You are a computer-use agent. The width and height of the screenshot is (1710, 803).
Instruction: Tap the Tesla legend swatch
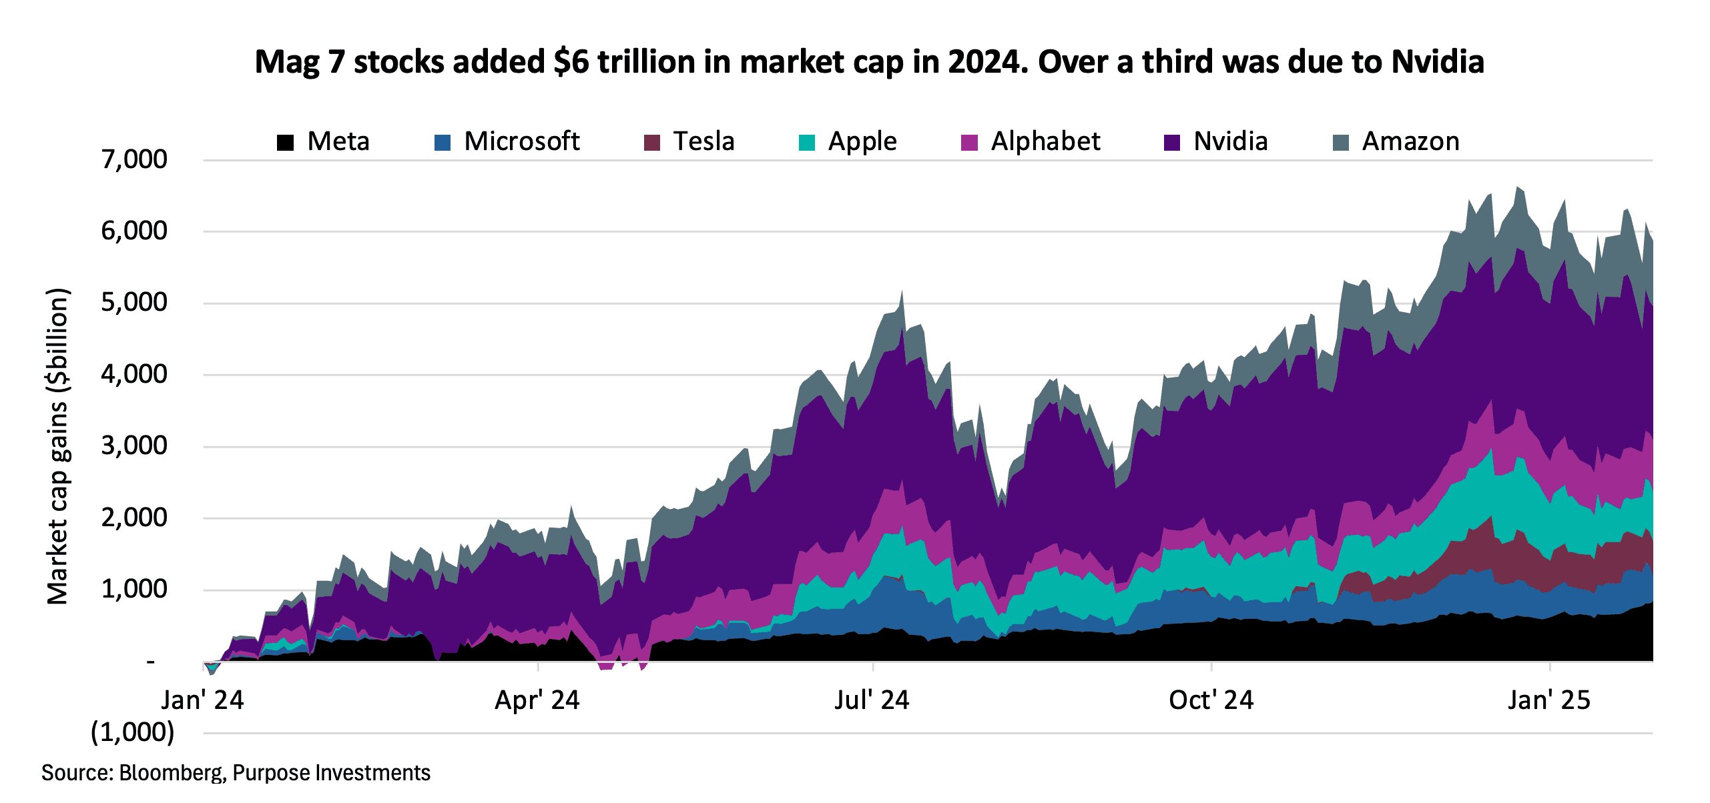click(652, 143)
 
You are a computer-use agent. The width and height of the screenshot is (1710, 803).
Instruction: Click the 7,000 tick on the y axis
click(134, 159)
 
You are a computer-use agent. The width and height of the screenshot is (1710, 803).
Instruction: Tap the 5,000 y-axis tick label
click(134, 303)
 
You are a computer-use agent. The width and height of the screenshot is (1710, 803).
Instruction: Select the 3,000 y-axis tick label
click(134, 446)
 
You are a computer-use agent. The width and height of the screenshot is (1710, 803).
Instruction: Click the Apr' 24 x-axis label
click(537, 700)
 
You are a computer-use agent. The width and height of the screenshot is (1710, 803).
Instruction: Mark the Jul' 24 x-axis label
click(872, 700)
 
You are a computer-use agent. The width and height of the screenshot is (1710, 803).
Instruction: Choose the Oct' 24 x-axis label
click(1211, 700)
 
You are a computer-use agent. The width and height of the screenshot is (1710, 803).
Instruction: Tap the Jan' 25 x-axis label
click(1548, 700)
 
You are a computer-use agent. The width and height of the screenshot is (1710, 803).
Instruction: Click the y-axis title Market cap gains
click(58, 446)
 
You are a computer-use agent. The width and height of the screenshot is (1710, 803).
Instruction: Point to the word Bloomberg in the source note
click(171, 773)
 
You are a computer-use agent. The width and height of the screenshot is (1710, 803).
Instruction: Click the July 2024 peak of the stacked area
click(902, 292)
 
